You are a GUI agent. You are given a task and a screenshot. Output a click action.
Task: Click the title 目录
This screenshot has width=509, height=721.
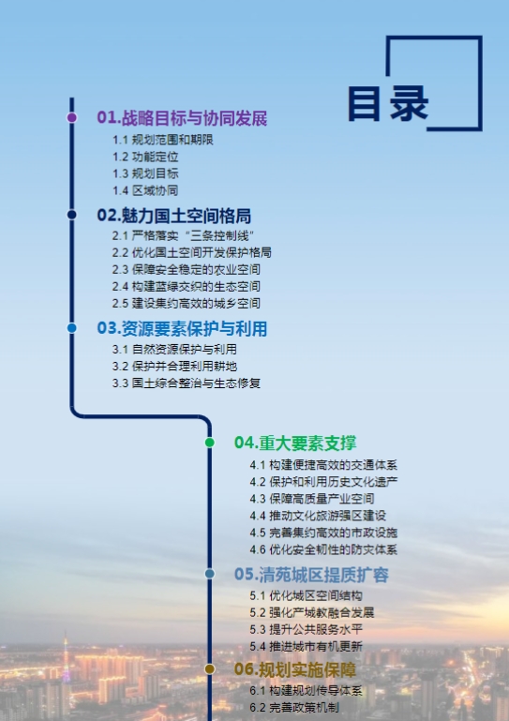(388, 104)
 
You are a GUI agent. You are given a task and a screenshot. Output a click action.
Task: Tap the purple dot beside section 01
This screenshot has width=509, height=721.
(72, 117)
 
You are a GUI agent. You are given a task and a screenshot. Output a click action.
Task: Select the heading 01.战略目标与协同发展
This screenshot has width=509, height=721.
(182, 118)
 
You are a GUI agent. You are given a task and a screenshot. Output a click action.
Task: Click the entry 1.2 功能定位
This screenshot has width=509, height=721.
(145, 157)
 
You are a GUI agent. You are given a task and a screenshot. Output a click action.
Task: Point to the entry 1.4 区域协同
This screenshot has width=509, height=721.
(145, 190)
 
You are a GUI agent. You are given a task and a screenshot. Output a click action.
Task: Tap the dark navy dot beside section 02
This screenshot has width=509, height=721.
(72, 215)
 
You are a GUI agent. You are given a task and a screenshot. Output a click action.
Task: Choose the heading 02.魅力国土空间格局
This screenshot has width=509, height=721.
(173, 216)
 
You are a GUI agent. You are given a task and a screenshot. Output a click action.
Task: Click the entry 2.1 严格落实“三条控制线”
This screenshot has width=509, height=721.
(183, 236)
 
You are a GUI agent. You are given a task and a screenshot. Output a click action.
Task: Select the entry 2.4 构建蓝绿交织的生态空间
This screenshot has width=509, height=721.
(187, 287)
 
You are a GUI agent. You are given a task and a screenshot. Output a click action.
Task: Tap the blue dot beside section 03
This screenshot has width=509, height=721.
(72, 328)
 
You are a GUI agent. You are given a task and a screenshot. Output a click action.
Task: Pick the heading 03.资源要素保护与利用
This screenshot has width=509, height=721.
(182, 328)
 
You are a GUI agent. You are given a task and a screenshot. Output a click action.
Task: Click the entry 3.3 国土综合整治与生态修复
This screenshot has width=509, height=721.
(187, 383)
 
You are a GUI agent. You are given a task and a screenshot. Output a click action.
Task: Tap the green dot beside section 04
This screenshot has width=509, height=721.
(210, 443)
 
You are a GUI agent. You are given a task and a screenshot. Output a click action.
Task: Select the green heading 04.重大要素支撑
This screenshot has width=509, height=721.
(295, 443)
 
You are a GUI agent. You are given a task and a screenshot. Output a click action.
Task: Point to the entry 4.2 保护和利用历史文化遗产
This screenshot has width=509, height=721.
(323, 482)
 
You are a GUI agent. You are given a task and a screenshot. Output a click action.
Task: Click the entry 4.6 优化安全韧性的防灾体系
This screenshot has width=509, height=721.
(323, 549)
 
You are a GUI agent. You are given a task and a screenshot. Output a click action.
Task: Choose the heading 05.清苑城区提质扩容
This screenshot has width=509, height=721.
(312, 575)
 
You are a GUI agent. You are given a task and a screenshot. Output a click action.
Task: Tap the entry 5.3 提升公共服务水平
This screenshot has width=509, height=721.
(307, 629)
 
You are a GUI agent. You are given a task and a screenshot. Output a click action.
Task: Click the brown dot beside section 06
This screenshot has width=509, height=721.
(210, 669)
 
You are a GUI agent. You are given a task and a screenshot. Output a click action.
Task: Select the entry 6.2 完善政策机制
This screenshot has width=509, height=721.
(294, 707)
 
